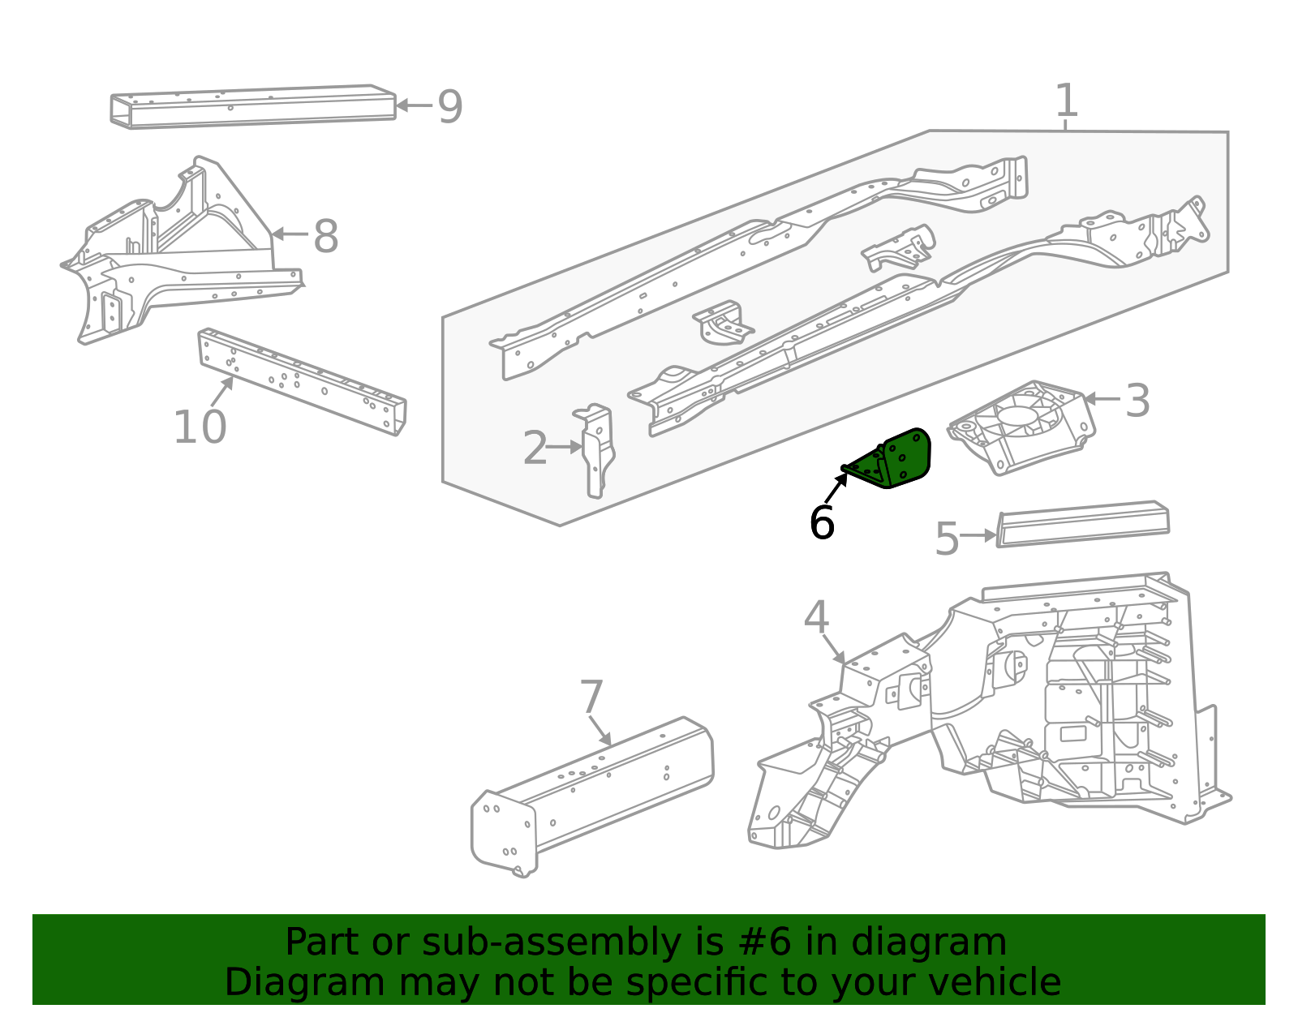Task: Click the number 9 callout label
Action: point(449,107)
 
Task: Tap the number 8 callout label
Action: point(325,237)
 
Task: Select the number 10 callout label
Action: point(200,427)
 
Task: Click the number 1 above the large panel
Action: point(1066,101)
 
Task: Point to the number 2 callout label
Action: point(535,449)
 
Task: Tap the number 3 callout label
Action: point(1137,401)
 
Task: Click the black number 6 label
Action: point(821,523)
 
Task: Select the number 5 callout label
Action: point(946,539)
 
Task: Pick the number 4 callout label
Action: point(816,618)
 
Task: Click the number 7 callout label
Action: point(591,698)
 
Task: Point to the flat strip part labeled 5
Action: point(1083,525)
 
